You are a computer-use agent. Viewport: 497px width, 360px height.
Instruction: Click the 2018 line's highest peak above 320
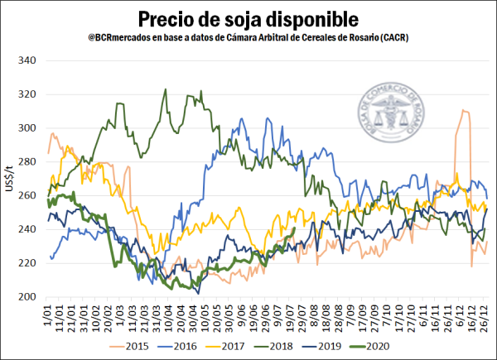[166, 89]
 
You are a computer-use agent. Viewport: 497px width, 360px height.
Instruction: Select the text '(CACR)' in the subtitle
[394, 38]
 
